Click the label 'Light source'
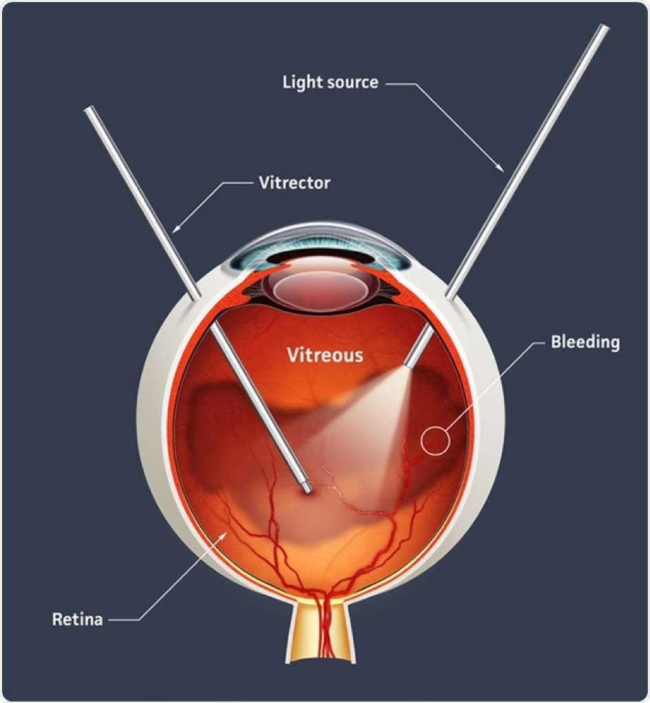[x=330, y=83]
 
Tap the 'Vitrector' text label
[x=294, y=183]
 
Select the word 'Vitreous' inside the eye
[x=325, y=355]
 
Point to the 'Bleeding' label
[x=585, y=342]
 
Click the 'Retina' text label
[x=78, y=619]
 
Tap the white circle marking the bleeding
[x=435, y=440]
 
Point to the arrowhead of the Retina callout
[x=223, y=536]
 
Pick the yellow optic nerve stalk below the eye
[x=321, y=631]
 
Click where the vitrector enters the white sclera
[x=196, y=296]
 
